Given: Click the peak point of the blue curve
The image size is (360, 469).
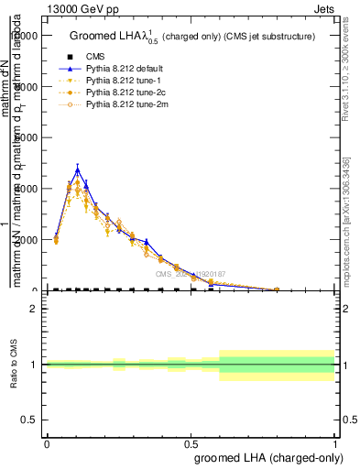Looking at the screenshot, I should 78,169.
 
